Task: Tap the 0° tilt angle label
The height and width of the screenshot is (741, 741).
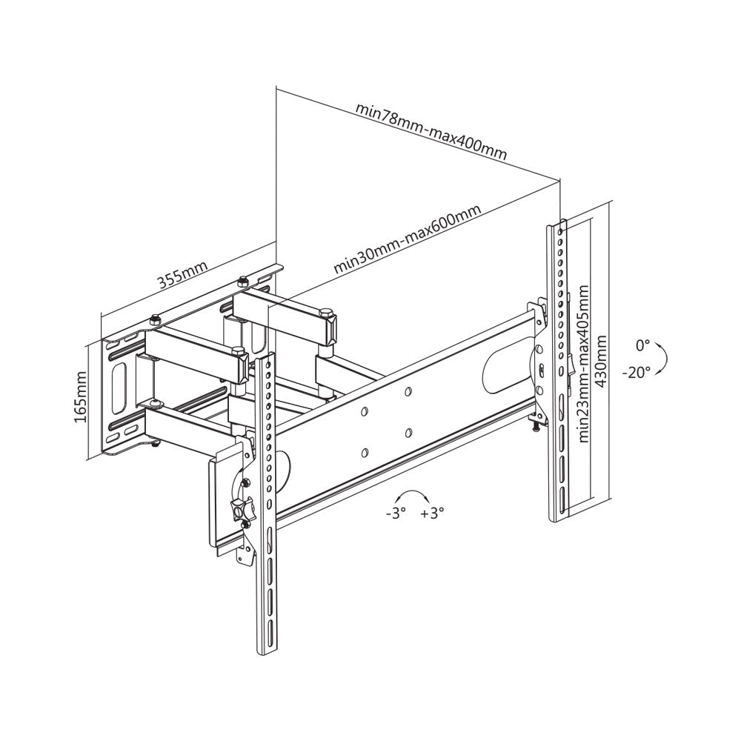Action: (642, 345)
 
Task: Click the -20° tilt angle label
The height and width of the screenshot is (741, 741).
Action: (637, 370)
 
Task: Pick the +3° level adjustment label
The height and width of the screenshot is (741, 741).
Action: (432, 513)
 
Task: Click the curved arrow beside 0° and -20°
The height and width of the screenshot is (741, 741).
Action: (665, 357)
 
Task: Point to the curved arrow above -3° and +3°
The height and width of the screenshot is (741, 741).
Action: (413, 494)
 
